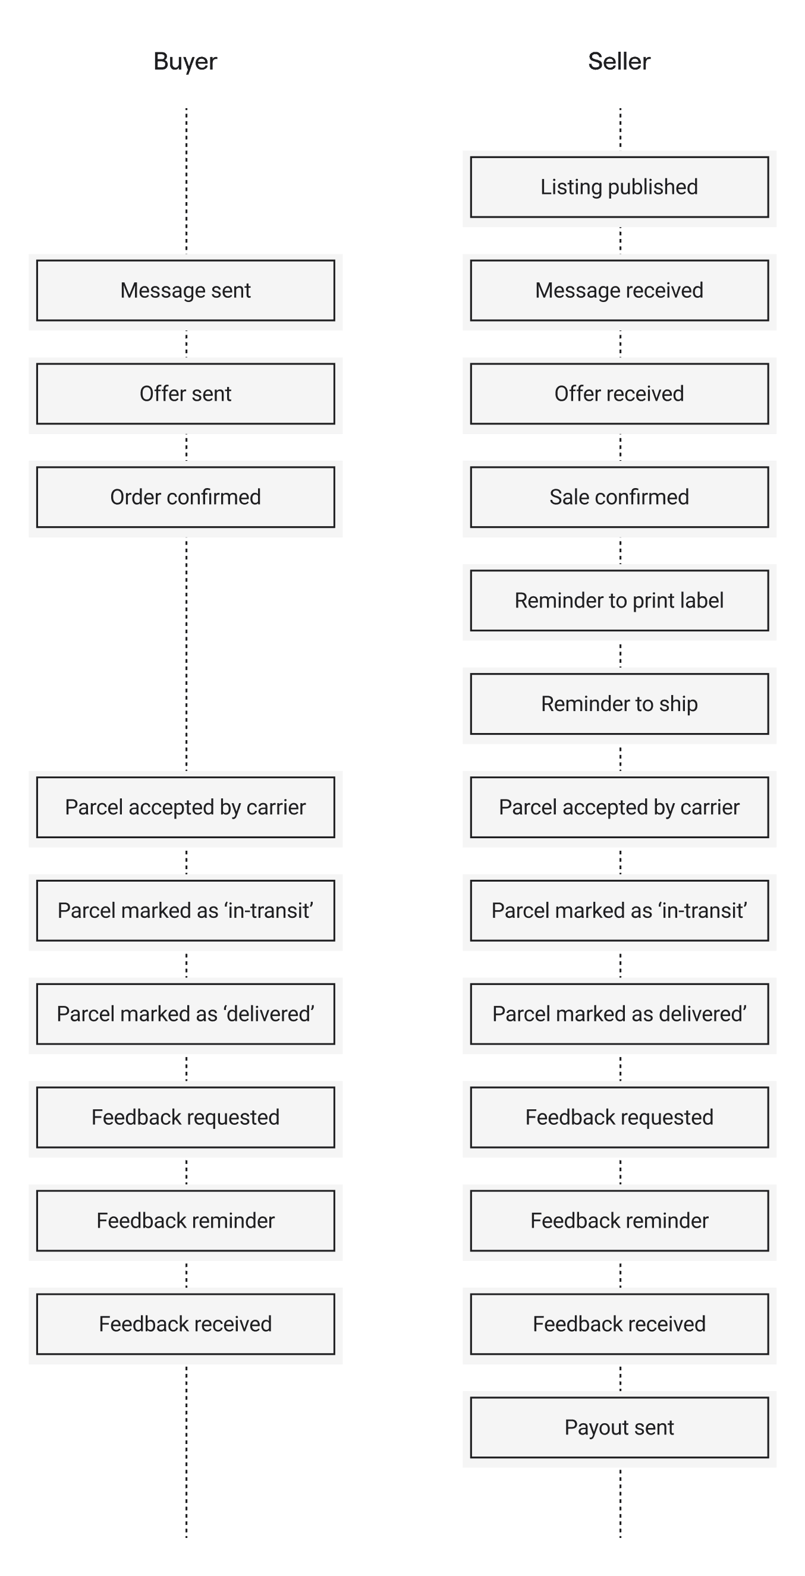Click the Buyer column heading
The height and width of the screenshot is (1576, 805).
pyautogui.click(x=185, y=62)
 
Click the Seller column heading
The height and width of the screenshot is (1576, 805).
pyautogui.click(x=619, y=62)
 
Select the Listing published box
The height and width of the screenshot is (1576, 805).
pyautogui.click(x=619, y=187)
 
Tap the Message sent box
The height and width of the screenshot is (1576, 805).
pyautogui.click(x=185, y=291)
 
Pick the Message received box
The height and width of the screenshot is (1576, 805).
pyautogui.click(x=619, y=291)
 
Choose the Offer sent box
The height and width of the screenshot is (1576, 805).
pyautogui.click(x=185, y=394)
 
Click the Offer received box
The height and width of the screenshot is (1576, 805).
pyautogui.click(x=619, y=394)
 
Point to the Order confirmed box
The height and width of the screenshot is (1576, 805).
pyautogui.click(x=185, y=498)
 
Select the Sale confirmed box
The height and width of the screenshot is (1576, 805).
pyautogui.click(x=619, y=498)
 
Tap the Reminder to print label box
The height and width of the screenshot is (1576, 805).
pyautogui.click(x=619, y=601)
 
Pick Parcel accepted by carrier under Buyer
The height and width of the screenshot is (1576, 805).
pyautogui.click(x=185, y=807)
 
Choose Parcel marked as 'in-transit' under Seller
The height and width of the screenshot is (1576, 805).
pyautogui.click(x=619, y=911)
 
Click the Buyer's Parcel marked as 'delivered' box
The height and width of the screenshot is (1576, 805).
pyautogui.click(x=185, y=1014)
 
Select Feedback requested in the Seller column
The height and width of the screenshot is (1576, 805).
pyautogui.click(x=619, y=1118)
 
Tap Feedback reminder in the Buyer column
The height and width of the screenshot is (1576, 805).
pyautogui.click(x=185, y=1221)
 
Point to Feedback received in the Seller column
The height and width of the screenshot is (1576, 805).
pyautogui.click(x=619, y=1325)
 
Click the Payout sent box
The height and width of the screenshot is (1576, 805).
pyautogui.click(x=619, y=1428)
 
